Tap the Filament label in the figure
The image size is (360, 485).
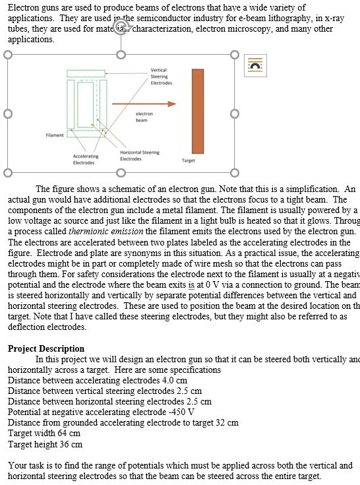55,135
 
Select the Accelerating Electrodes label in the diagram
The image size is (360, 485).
84,159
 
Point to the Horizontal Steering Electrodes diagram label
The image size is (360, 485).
140,156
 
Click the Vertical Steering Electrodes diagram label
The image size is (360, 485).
161,77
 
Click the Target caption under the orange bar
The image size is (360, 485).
188,160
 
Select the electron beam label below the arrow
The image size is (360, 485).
145,117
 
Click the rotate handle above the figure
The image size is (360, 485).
120,27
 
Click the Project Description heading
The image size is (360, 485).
46,348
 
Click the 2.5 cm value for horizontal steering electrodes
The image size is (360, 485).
199,401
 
